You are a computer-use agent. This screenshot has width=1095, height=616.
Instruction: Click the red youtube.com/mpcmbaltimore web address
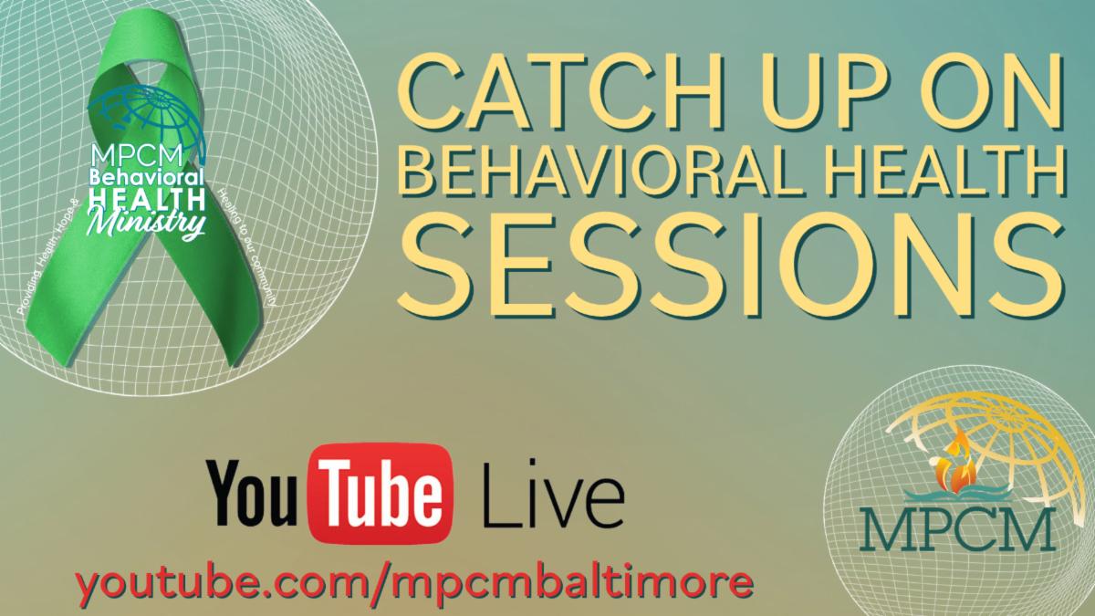414,578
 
